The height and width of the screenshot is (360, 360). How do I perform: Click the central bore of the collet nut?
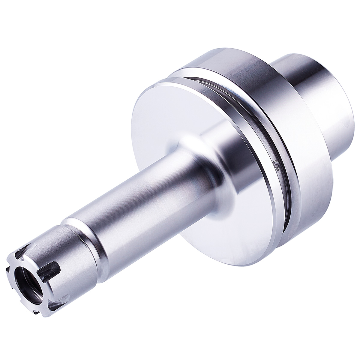pos(26,268)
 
